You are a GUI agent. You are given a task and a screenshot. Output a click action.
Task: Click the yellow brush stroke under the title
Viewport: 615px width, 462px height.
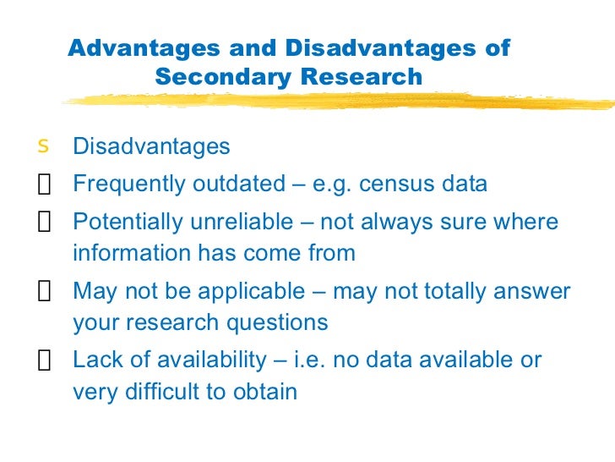(x=338, y=102)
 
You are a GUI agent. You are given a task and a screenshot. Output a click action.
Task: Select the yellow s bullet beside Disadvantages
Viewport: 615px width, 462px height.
(x=43, y=146)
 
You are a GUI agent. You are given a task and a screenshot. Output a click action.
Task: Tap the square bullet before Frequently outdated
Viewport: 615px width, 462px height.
(x=44, y=185)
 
